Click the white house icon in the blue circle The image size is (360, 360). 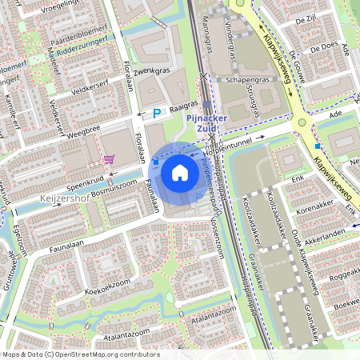point(180,171)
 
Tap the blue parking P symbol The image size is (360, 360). point(157,114)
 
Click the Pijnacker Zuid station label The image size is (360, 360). point(207,120)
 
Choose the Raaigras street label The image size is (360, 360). point(183,105)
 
